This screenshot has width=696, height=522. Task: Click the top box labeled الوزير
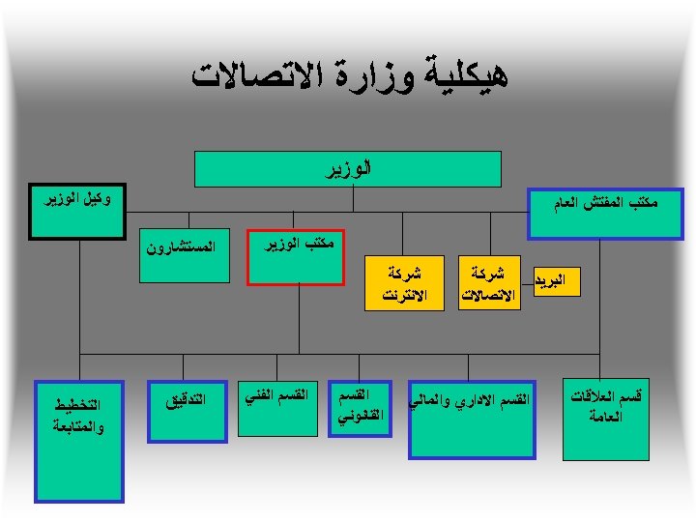tap(348, 168)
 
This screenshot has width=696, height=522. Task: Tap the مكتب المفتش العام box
tap(610, 214)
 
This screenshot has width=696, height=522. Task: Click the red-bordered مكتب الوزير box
tap(298, 258)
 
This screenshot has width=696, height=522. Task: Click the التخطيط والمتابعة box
tap(79, 442)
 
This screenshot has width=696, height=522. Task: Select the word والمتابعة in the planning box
tap(79, 426)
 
